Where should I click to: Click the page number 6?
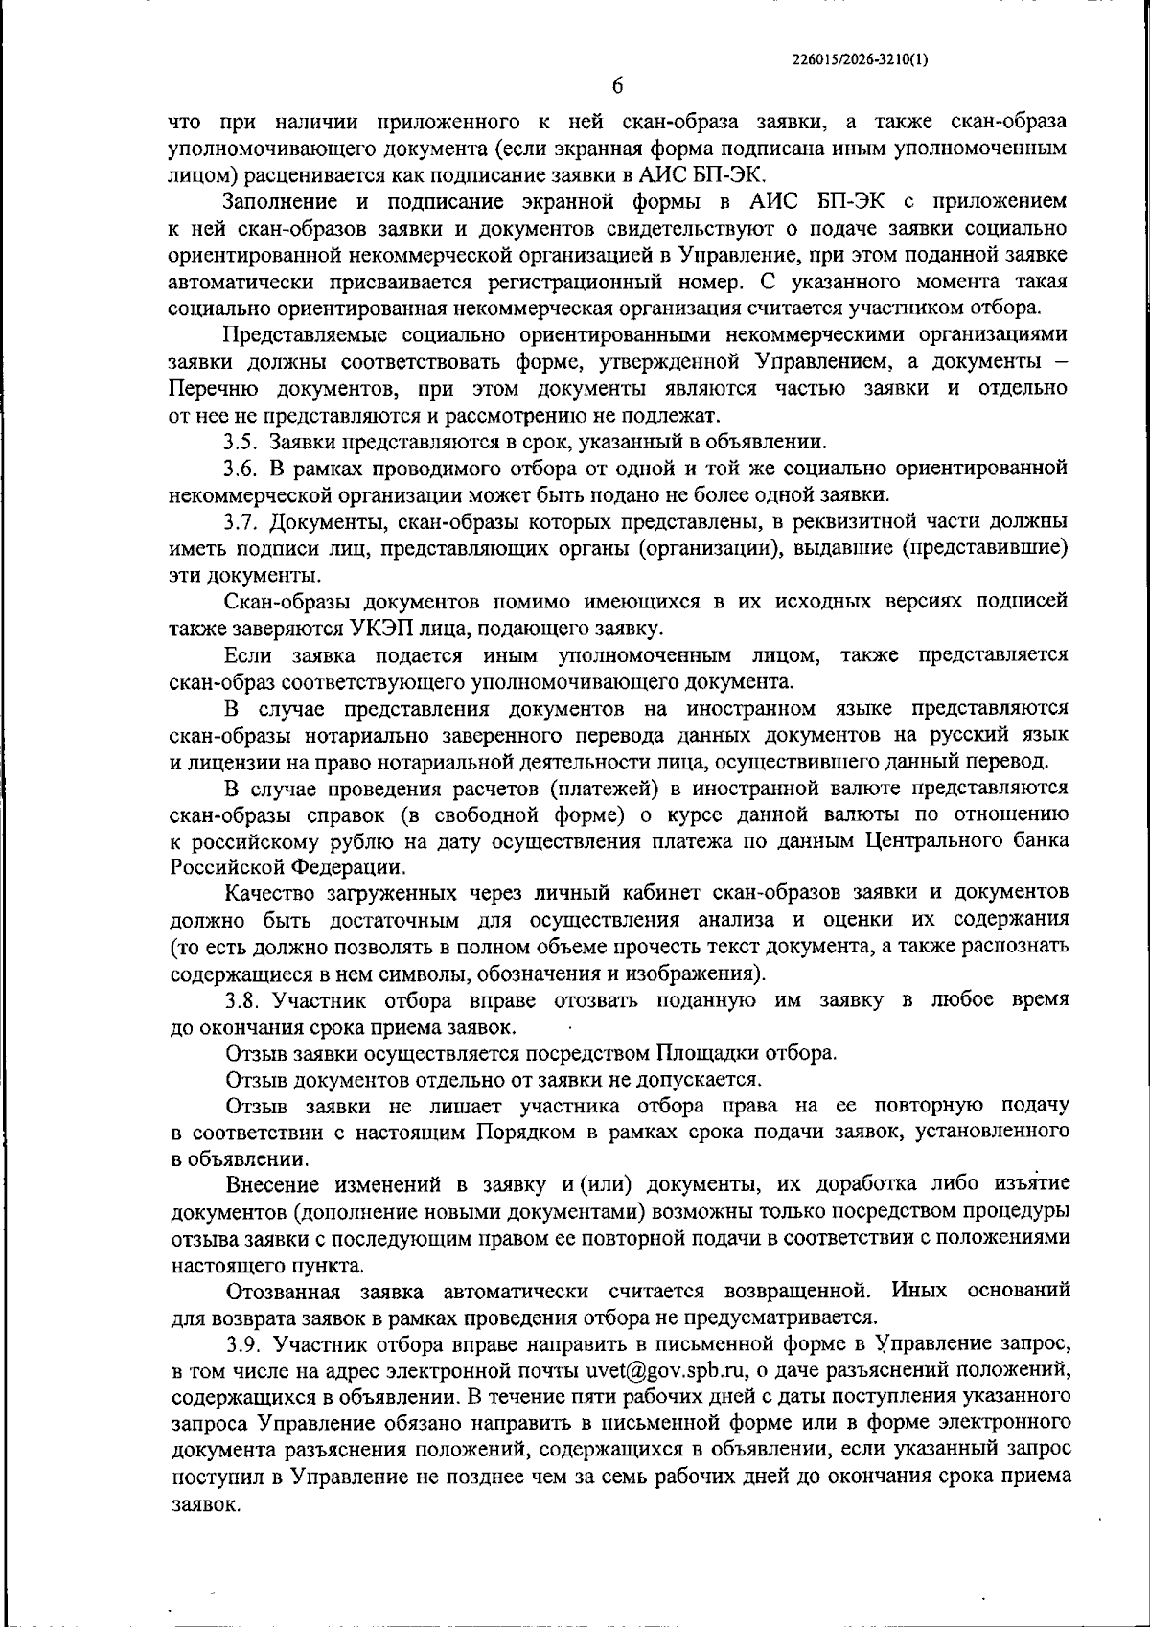point(618,86)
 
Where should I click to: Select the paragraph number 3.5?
point(241,442)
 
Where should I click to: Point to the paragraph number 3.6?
point(241,469)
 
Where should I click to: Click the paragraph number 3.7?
point(241,522)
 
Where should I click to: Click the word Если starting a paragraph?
point(244,655)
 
